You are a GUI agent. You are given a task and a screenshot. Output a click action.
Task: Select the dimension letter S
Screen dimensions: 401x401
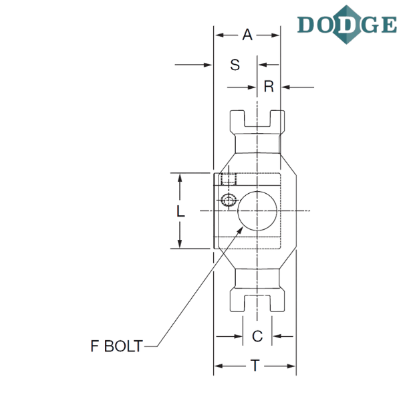tap(235, 65)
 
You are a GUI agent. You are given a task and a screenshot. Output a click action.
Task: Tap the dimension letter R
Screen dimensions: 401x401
tap(268, 86)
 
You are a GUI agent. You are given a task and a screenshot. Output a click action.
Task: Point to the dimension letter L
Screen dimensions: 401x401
tap(180, 211)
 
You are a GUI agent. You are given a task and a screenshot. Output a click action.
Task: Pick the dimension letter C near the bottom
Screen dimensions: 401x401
tap(257, 336)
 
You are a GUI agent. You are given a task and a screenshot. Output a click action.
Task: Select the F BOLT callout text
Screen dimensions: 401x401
tap(117, 347)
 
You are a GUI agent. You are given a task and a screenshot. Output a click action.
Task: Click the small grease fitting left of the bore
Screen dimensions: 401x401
tap(228, 201)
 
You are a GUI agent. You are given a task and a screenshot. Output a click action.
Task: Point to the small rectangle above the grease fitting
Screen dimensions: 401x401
tap(226, 179)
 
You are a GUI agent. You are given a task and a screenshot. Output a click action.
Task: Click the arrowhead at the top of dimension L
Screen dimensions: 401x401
tap(180, 176)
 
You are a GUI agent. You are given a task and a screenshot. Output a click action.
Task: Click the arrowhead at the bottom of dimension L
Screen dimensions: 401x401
tap(180, 245)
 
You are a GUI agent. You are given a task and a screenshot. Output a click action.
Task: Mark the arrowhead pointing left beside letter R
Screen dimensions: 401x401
tap(286, 86)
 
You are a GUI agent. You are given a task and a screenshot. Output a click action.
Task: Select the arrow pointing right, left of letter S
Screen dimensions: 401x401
tap(207, 65)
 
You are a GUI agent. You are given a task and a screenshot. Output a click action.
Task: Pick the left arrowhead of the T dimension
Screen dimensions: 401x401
tap(217, 366)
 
